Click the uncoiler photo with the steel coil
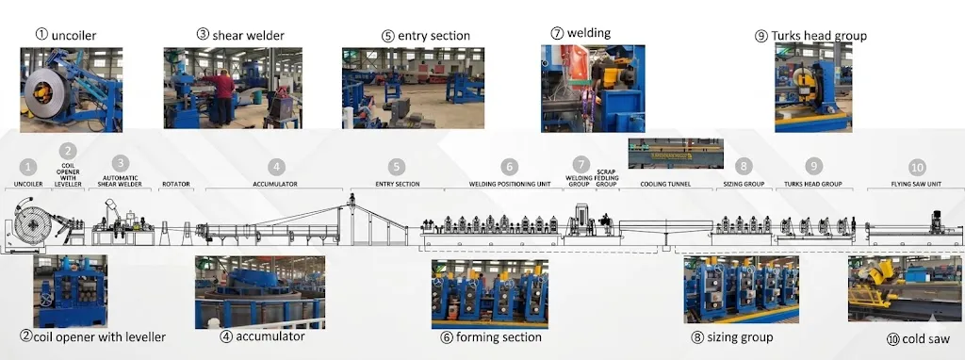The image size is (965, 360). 72,90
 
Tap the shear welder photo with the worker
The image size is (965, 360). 233,88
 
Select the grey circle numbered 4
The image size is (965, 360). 276,167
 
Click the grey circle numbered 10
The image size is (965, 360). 917,168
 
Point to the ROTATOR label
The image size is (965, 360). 176,184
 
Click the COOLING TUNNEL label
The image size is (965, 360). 665,184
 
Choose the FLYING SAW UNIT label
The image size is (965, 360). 916,184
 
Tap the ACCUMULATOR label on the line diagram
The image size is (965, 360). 275,184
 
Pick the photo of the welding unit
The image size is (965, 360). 593,89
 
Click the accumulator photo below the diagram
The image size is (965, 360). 260,292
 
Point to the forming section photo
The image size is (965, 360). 489,294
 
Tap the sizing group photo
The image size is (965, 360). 741,289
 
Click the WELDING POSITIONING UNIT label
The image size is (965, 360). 510,184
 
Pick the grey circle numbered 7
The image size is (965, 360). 581,164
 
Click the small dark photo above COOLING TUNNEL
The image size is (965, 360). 676,154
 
